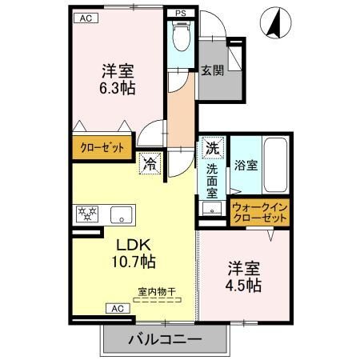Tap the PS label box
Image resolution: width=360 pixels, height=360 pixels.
[x=180, y=14]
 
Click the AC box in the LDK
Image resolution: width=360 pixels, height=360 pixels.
[x=116, y=308]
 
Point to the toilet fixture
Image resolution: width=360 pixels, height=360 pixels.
[x=180, y=37]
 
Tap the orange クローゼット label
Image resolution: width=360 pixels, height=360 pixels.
[x=101, y=149]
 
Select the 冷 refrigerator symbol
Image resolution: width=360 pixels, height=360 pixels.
[x=150, y=164]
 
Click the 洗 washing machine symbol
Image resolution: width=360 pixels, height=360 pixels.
[x=212, y=148]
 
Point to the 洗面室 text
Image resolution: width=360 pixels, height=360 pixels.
[x=212, y=181]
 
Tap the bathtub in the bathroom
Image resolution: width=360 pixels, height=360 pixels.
[x=276, y=167]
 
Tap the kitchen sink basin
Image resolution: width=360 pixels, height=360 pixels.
[x=122, y=214]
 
